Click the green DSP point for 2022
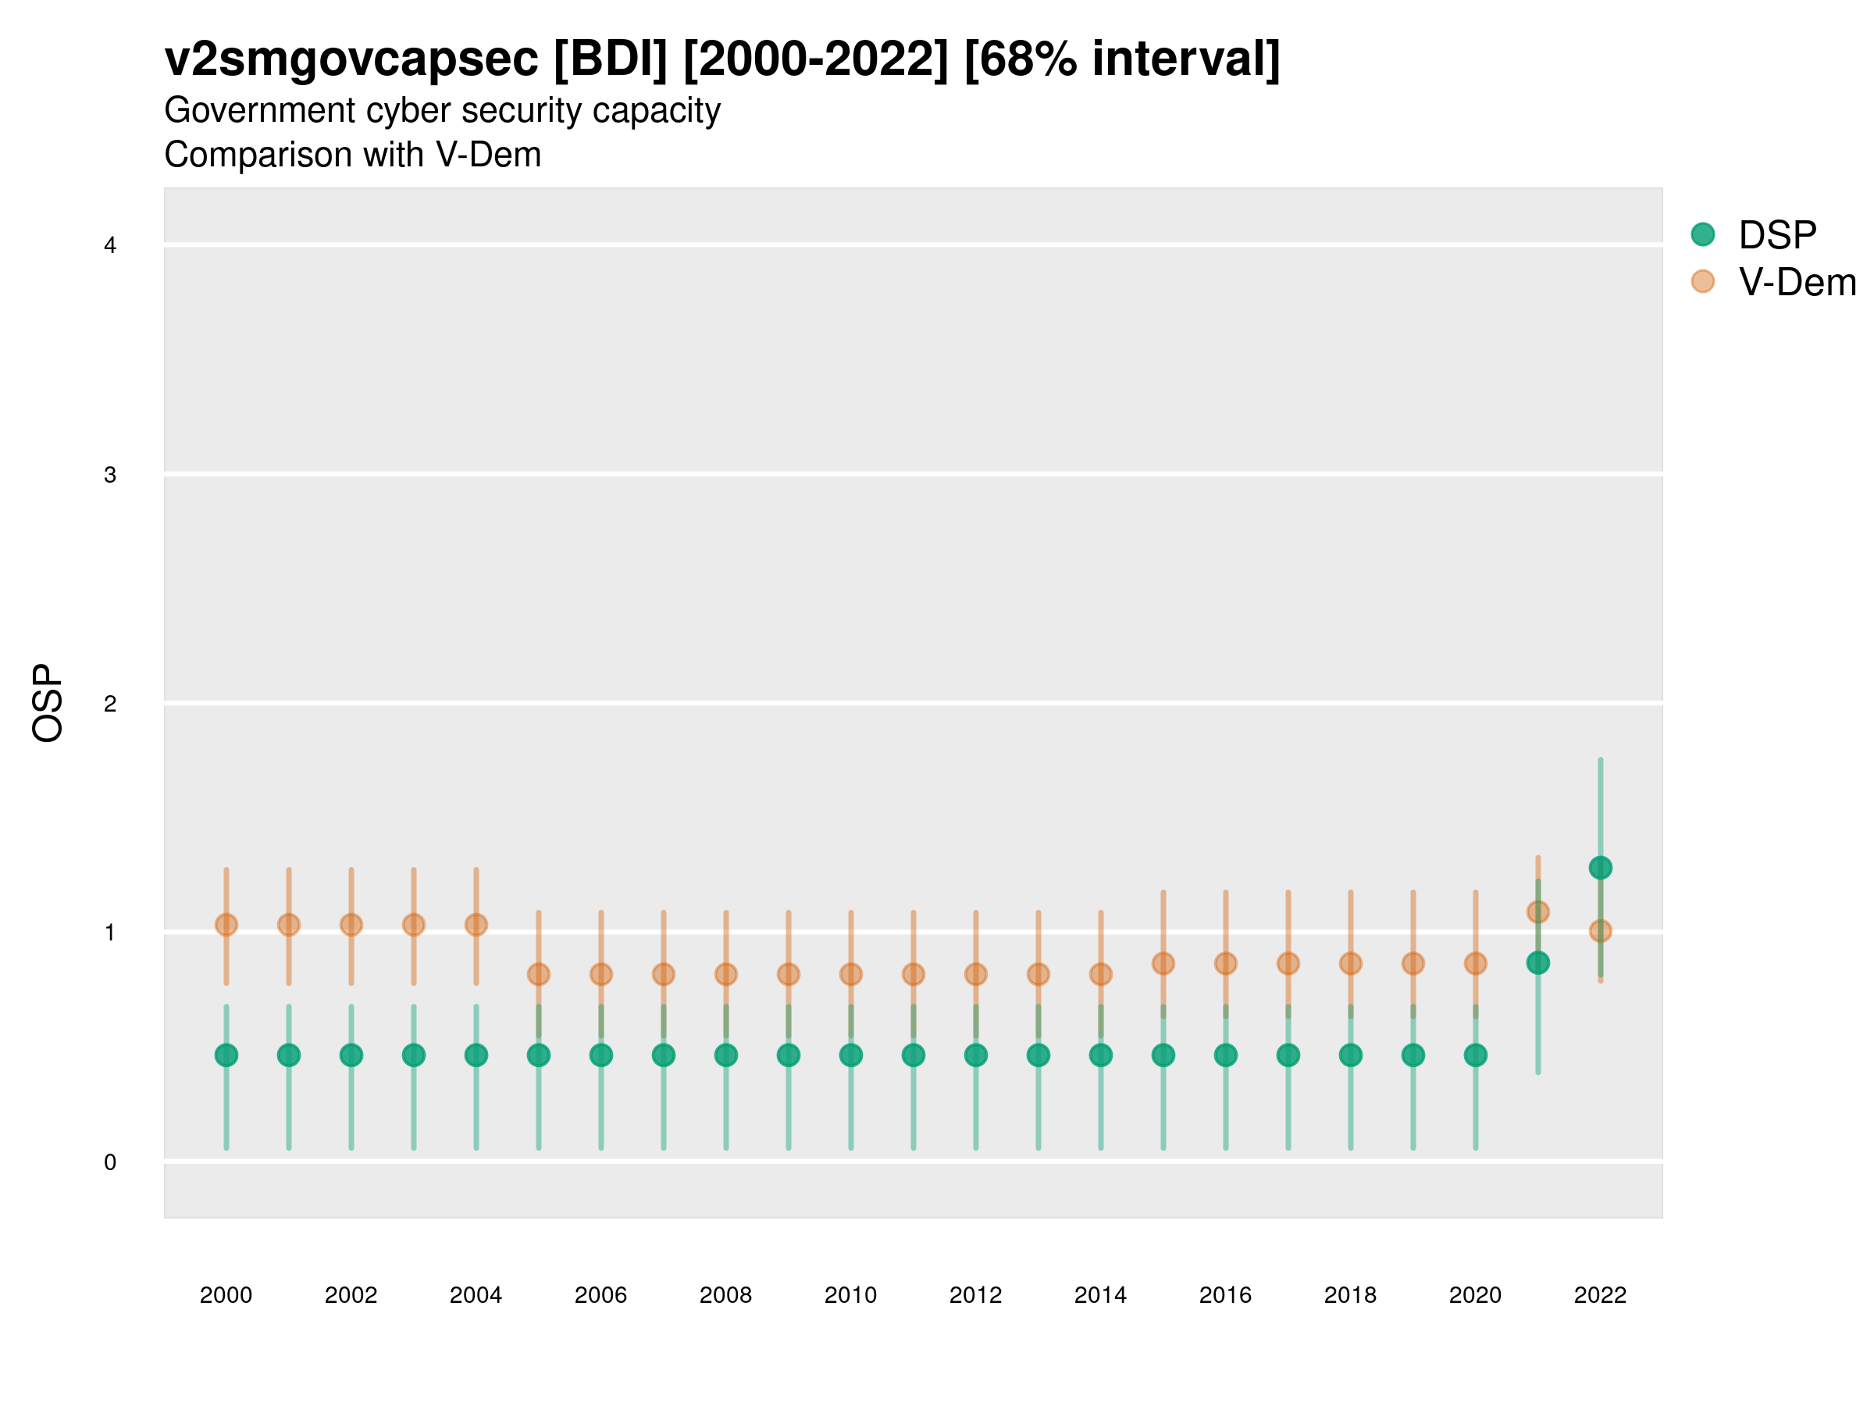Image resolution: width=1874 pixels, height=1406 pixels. [1601, 868]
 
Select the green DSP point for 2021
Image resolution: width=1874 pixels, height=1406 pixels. [1537, 963]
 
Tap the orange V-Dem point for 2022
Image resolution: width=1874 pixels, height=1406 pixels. [1601, 931]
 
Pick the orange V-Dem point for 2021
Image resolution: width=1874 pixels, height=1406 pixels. [1537, 912]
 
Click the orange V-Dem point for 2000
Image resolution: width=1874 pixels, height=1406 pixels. [226, 925]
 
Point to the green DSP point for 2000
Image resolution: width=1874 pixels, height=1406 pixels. [226, 1055]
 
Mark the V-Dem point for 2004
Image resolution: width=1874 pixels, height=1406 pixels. [476, 925]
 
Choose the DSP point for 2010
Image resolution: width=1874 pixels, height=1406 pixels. [850, 1055]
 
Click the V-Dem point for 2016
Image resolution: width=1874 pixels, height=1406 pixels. [1226, 964]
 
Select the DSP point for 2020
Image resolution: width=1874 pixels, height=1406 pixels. [1475, 1055]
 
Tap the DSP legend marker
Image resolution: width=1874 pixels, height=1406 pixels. [1702, 234]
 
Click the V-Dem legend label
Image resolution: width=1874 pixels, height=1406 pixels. [1797, 282]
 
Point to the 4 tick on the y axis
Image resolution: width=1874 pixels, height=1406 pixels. [110, 246]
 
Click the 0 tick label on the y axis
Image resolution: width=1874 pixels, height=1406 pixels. [110, 1162]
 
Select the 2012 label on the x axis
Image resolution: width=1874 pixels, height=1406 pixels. [975, 1295]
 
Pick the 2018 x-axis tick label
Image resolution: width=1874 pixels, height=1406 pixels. [1350, 1295]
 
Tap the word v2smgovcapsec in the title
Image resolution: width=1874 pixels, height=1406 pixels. [351, 59]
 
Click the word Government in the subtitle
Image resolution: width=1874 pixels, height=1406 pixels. [260, 110]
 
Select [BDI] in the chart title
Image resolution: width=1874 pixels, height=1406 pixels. [610, 59]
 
